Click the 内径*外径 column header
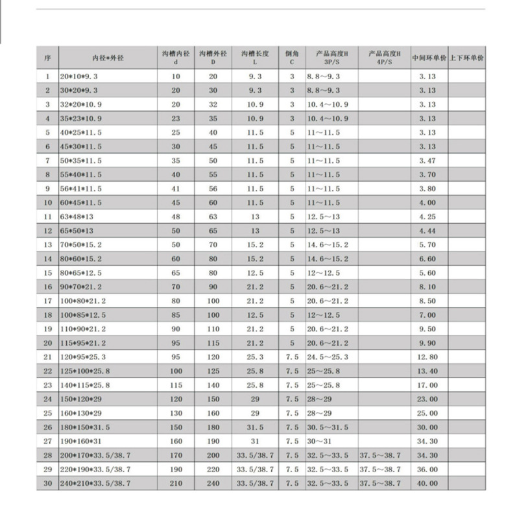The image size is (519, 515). pyautogui.click(x=108, y=58)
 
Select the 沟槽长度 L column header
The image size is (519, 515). pyautogui.click(x=254, y=58)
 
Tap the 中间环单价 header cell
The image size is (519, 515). pyautogui.click(x=429, y=58)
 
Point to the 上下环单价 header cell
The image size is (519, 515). pyautogui.click(x=466, y=58)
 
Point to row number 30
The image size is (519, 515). pyautogui.click(x=47, y=483)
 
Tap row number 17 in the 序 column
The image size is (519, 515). pyautogui.click(x=47, y=301)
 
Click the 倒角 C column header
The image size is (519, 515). pyautogui.click(x=291, y=58)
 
